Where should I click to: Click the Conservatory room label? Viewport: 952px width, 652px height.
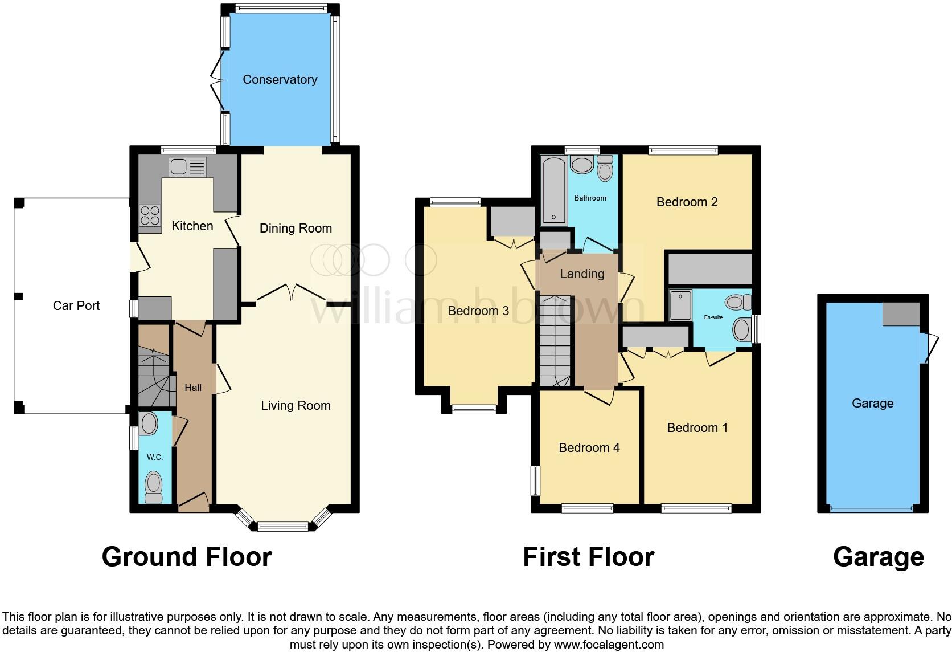point(280,80)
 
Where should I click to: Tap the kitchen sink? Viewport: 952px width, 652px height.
point(187,167)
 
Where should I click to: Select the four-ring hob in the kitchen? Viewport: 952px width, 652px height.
point(150,215)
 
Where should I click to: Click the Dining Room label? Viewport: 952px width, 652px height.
point(296,229)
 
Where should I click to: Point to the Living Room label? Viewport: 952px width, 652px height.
point(296,406)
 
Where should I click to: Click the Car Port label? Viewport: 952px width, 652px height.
point(76,306)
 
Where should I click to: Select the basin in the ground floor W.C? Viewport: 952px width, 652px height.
point(149,424)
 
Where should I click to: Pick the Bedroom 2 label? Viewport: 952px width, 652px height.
point(687,202)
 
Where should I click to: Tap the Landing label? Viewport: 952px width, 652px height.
point(581,274)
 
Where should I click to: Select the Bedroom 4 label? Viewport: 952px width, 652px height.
point(589,448)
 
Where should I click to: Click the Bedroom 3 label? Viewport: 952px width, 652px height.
point(478,311)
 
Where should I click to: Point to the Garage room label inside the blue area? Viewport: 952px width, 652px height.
point(872,404)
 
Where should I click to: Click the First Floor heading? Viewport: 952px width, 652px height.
point(588,557)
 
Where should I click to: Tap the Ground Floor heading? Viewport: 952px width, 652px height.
point(187,557)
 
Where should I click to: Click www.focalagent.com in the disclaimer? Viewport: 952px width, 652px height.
point(608,645)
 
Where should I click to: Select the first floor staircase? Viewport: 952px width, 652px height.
point(555,342)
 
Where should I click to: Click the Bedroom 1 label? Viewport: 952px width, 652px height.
point(697,428)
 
